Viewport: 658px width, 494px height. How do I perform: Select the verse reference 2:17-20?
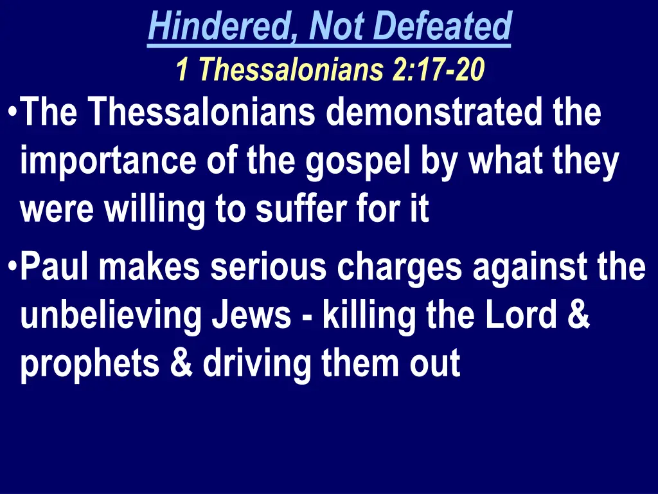click(438, 70)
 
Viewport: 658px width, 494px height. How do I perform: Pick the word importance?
click(109, 161)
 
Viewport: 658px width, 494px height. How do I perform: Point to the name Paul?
click(54, 268)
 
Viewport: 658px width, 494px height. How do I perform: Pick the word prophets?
click(90, 365)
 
